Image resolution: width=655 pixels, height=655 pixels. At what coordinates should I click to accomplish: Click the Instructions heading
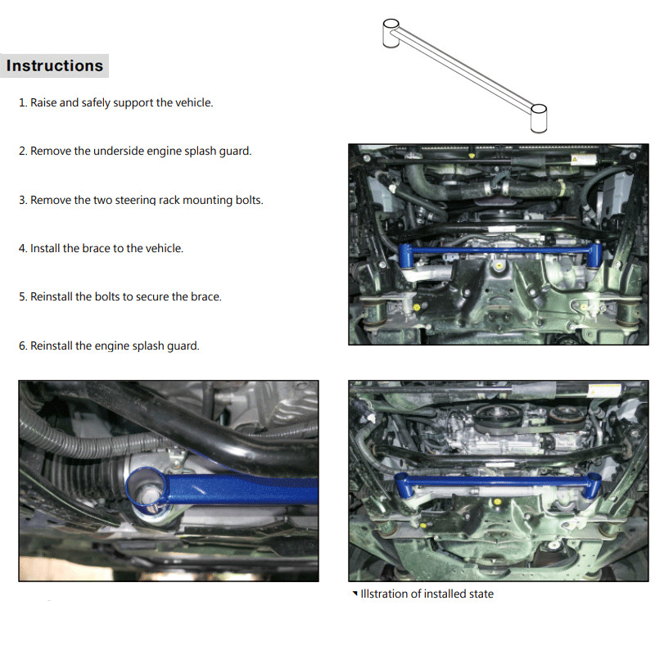click(55, 65)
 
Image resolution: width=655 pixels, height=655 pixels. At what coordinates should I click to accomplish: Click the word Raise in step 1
click(43, 102)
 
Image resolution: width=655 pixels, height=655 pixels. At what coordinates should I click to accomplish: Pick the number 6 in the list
click(22, 346)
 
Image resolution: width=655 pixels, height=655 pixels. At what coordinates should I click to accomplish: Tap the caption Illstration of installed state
click(427, 594)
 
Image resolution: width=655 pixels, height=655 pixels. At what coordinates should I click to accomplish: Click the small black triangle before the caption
click(355, 593)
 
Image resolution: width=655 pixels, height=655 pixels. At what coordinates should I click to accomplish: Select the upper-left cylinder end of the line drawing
click(391, 33)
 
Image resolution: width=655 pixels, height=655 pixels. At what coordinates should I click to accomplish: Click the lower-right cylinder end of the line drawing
click(539, 119)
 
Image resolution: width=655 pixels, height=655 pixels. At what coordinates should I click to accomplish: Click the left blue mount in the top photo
click(405, 255)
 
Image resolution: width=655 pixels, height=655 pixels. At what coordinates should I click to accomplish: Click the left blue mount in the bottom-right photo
click(403, 486)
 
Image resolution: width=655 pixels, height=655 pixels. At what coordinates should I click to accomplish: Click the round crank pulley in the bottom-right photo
click(495, 416)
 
